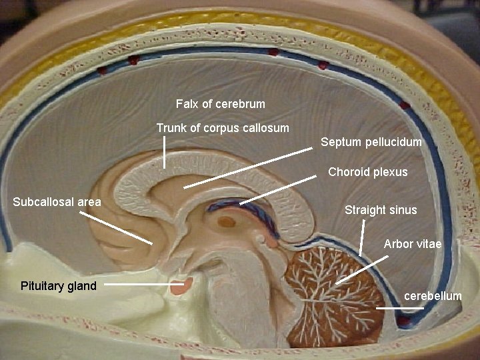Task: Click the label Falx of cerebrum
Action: (220, 104)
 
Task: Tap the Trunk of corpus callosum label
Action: (223, 127)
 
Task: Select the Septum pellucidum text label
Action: (371, 142)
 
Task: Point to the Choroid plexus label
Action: (367, 172)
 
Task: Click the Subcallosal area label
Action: (57, 202)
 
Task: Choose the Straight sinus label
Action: (381, 210)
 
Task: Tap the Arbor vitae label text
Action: (412, 244)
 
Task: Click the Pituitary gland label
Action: (58, 286)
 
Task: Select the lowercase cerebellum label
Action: (433, 295)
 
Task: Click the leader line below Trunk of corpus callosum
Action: (165, 158)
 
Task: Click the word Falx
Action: (186, 104)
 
